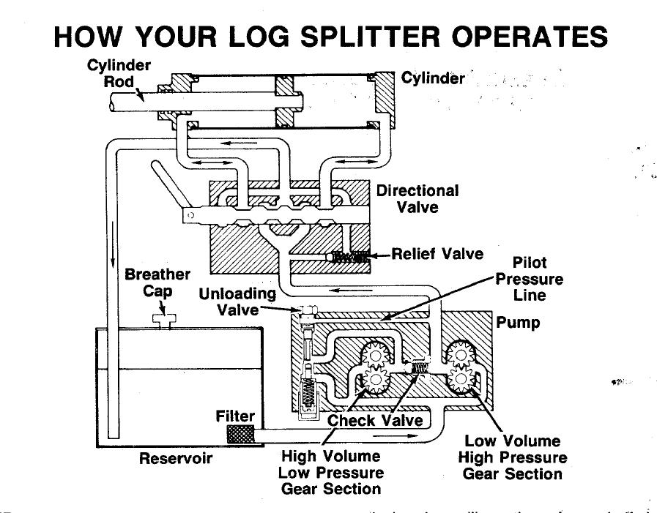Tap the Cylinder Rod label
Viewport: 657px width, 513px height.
pos(119,72)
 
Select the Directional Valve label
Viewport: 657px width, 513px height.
pos(417,199)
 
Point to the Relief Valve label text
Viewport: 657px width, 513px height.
pos(438,255)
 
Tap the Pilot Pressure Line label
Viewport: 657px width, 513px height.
pos(530,279)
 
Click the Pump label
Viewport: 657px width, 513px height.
pos(518,322)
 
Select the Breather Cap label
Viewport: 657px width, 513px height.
pos(157,283)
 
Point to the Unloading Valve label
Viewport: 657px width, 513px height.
pos(237,302)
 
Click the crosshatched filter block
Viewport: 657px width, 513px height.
pos(241,434)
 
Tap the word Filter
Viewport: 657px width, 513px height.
pos(235,416)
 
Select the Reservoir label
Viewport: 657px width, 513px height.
pos(176,459)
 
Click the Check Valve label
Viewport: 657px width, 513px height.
pos(375,420)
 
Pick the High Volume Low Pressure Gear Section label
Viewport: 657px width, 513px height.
pos(331,473)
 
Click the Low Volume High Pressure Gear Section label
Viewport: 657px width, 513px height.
pos(513,457)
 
